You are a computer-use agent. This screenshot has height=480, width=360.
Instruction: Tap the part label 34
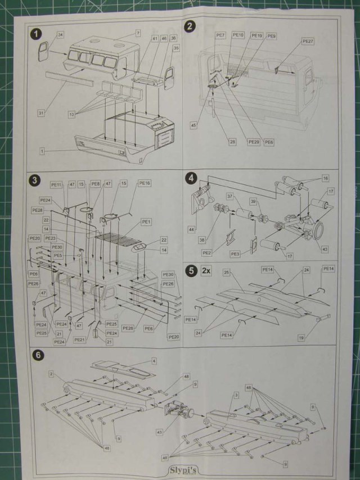click(x=60, y=35)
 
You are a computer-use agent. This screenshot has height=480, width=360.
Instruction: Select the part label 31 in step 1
click(x=42, y=113)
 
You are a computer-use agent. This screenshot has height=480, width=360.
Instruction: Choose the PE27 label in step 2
click(x=308, y=42)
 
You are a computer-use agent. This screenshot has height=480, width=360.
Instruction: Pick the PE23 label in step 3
click(x=51, y=238)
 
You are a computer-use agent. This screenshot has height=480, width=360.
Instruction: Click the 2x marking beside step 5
click(x=206, y=270)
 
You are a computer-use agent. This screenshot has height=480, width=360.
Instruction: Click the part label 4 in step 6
click(x=154, y=360)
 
